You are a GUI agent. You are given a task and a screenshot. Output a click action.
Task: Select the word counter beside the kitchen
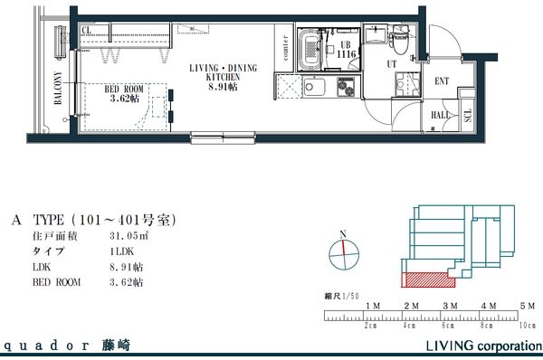click(285, 52)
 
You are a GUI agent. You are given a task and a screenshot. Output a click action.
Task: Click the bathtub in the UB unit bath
click(311, 49)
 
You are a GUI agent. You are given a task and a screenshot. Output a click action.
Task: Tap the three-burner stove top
click(346, 90)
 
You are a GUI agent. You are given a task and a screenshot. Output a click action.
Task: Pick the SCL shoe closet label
click(468, 115)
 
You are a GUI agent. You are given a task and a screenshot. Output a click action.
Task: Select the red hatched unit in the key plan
click(423, 279)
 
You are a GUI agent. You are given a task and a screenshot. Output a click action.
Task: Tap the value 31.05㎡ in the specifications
click(127, 235)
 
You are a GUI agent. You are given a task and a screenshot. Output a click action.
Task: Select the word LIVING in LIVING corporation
click(445, 346)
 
